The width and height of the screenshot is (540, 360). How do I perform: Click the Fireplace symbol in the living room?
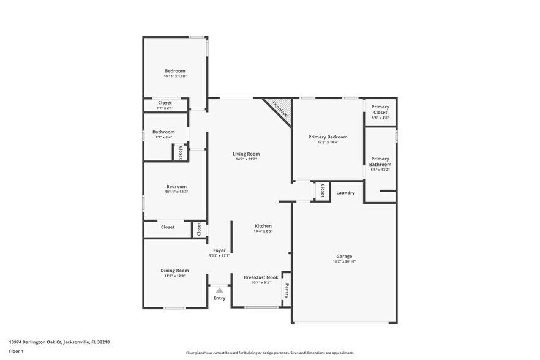pos(279,109)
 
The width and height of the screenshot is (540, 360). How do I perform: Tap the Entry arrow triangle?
pos(219,290)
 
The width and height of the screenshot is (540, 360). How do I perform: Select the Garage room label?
pos(344,257)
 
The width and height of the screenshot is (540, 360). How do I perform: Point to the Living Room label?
pos(247,154)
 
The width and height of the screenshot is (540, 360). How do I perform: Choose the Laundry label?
pos(345,193)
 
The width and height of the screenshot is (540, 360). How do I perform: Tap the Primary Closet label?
pos(380,110)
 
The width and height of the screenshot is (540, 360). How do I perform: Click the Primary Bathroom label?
pos(380,162)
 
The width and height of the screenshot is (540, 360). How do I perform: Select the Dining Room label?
pos(174,270)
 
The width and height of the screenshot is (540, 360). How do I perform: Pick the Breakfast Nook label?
pos(261,277)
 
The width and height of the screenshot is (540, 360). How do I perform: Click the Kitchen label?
pos(263,226)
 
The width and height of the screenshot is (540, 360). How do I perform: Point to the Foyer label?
pos(219,250)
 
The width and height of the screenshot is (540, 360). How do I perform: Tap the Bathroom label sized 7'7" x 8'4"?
pos(163,132)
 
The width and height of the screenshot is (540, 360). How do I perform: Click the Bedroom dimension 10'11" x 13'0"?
pos(174,77)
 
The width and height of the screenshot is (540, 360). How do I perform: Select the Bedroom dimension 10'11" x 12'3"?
pos(176,192)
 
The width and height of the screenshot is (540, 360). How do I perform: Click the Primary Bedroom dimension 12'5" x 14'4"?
pos(328,143)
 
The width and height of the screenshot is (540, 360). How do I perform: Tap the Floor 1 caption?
pos(16,351)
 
